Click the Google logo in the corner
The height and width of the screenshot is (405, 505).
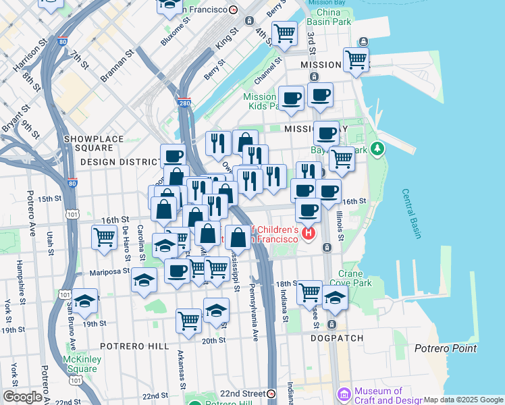(22, 397)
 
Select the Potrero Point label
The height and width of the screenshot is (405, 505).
(445, 348)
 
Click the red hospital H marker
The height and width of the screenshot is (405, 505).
(309, 234)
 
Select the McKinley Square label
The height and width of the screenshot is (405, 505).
(82, 364)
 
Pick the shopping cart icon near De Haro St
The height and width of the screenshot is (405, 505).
(104, 237)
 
